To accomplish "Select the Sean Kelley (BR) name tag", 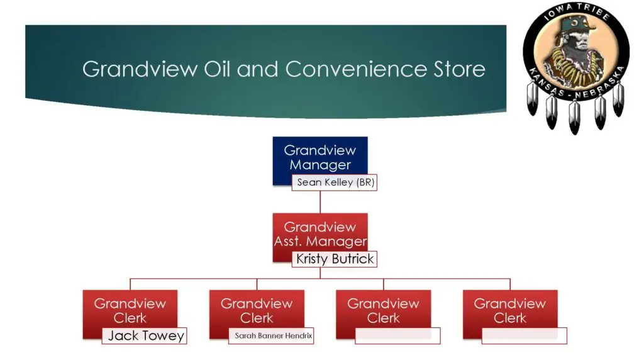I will (335, 183).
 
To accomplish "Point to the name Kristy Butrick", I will (335, 259).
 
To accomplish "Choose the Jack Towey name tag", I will (145, 335).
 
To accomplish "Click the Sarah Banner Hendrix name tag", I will (271, 336).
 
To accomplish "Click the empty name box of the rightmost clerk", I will (525, 335).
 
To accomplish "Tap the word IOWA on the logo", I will (552, 19).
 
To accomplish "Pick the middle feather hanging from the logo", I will (574, 117).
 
